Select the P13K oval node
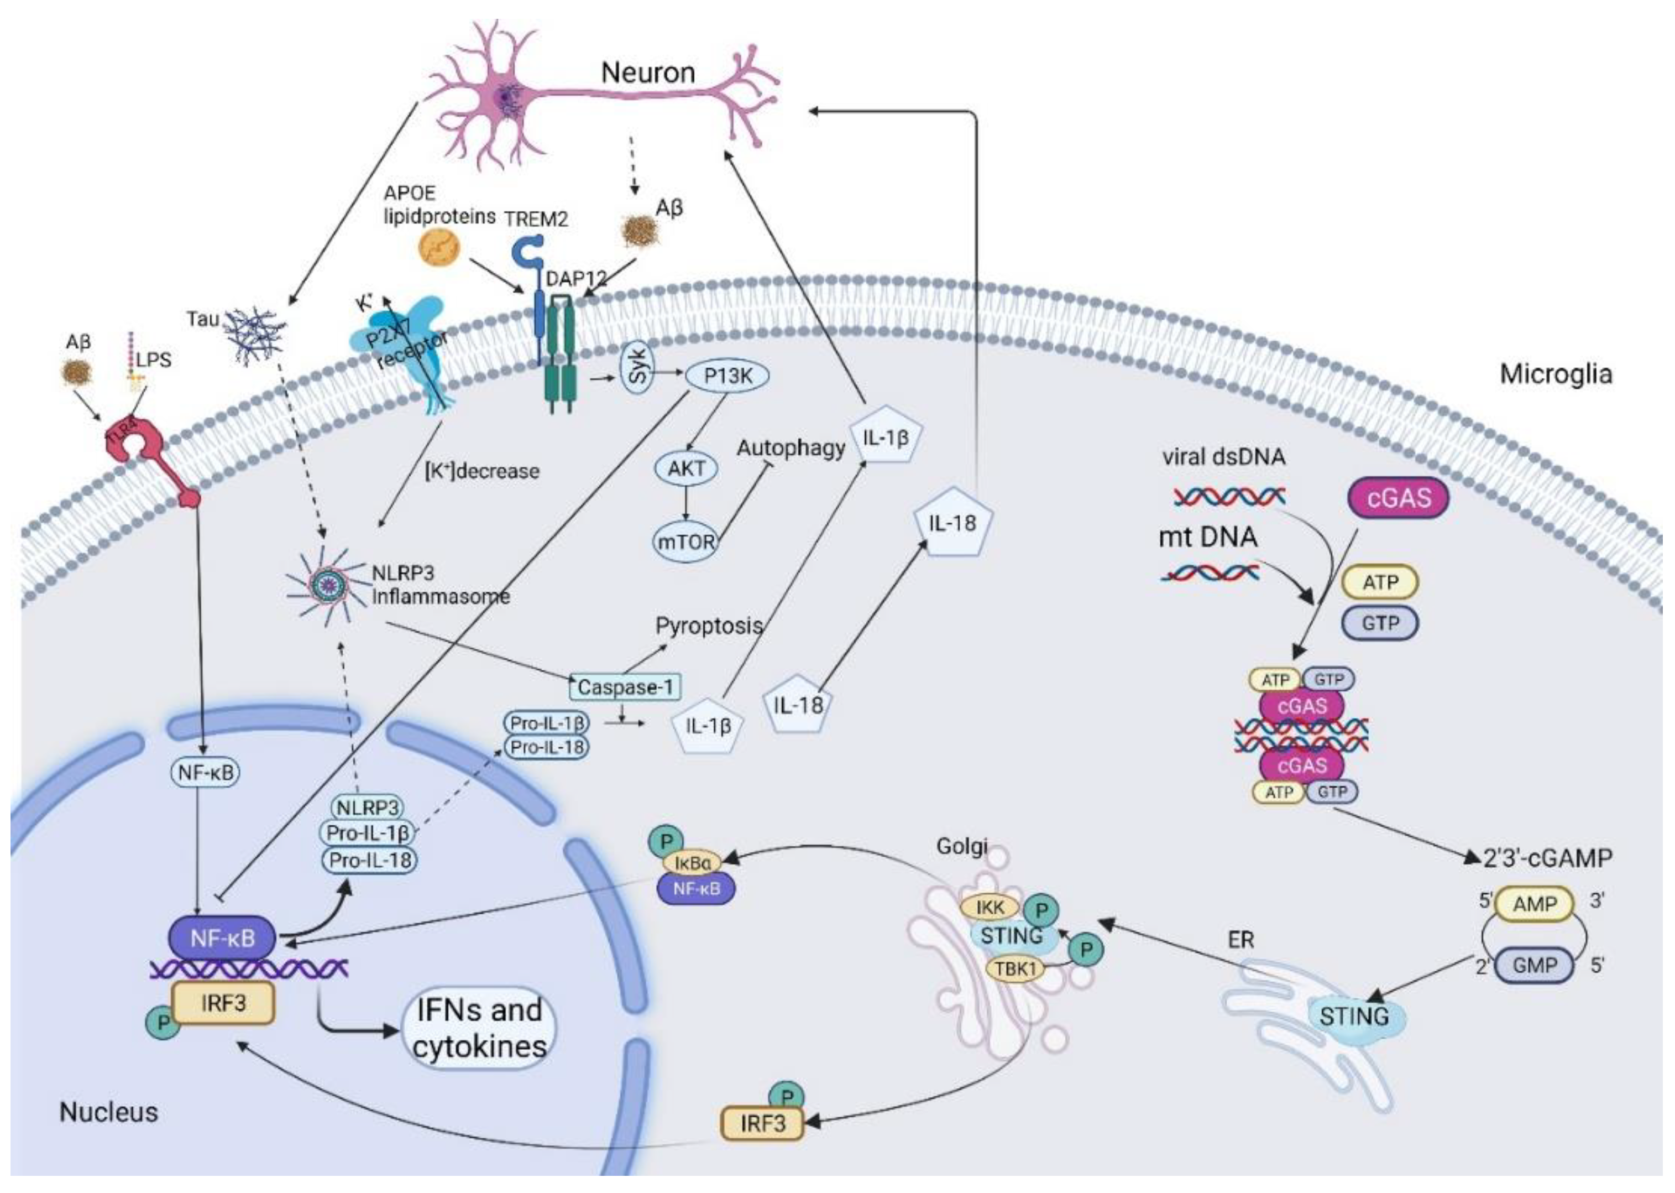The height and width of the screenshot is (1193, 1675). pyautogui.click(x=727, y=376)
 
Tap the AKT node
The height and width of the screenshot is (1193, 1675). pyautogui.click(x=686, y=468)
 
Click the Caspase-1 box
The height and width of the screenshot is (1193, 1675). pyautogui.click(x=625, y=687)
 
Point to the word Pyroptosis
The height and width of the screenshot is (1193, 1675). pyautogui.click(x=709, y=626)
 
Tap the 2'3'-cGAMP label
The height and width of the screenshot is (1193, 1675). pyautogui.click(x=1547, y=857)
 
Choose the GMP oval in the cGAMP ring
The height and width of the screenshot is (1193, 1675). pyautogui.click(x=1534, y=965)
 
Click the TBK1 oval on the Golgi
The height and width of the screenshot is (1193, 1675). pyautogui.click(x=1015, y=968)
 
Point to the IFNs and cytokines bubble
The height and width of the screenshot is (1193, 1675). pyautogui.click(x=479, y=1028)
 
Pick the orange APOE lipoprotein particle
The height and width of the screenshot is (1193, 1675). pyautogui.click(x=439, y=248)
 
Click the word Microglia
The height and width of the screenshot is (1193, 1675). pyautogui.click(x=1555, y=374)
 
